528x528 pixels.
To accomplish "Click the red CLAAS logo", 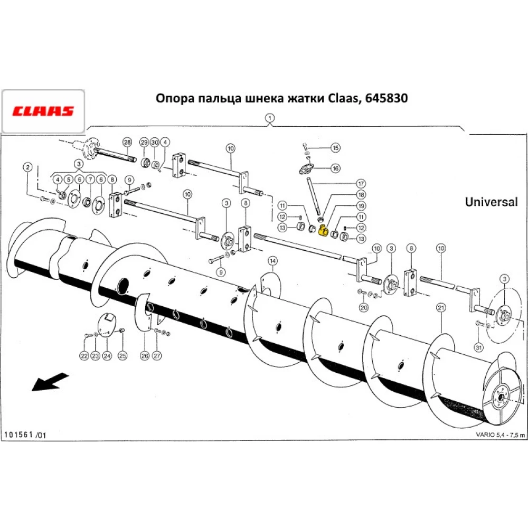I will [43, 111].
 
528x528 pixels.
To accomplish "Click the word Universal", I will [491, 202].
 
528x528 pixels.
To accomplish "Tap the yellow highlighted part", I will [323, 231].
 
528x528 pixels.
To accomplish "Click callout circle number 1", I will [270, 118].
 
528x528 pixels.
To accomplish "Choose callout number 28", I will [127, 142].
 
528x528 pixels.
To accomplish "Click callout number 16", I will [335, 168].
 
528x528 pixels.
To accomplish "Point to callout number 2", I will [27, 167].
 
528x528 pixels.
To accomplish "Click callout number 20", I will [363, 307].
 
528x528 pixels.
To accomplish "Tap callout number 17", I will [361, 184].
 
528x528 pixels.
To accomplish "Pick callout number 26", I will [145, 356].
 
